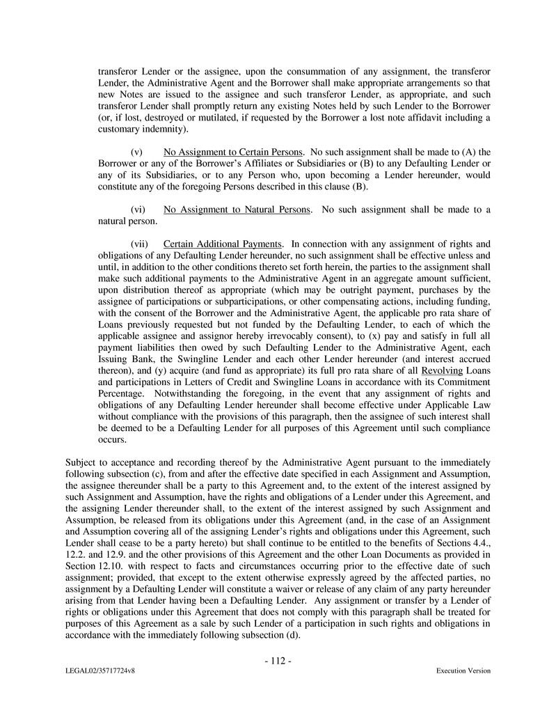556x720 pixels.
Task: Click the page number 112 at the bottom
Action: (x=278, y=661)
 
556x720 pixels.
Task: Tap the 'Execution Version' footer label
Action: (x=463, y=671)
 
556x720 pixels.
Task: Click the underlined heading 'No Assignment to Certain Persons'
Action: (x=232, y=152)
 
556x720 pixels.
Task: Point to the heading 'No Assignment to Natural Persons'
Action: (x=237, y=210)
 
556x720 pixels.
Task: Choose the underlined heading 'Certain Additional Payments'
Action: (x=223, y=244)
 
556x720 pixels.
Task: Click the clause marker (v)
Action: (x=137, y=152)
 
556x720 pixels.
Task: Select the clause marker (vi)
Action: (x=138, y=210)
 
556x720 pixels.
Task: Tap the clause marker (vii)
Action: (x=139, y=244)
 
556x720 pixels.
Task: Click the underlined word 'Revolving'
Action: (x=442, y=370)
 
